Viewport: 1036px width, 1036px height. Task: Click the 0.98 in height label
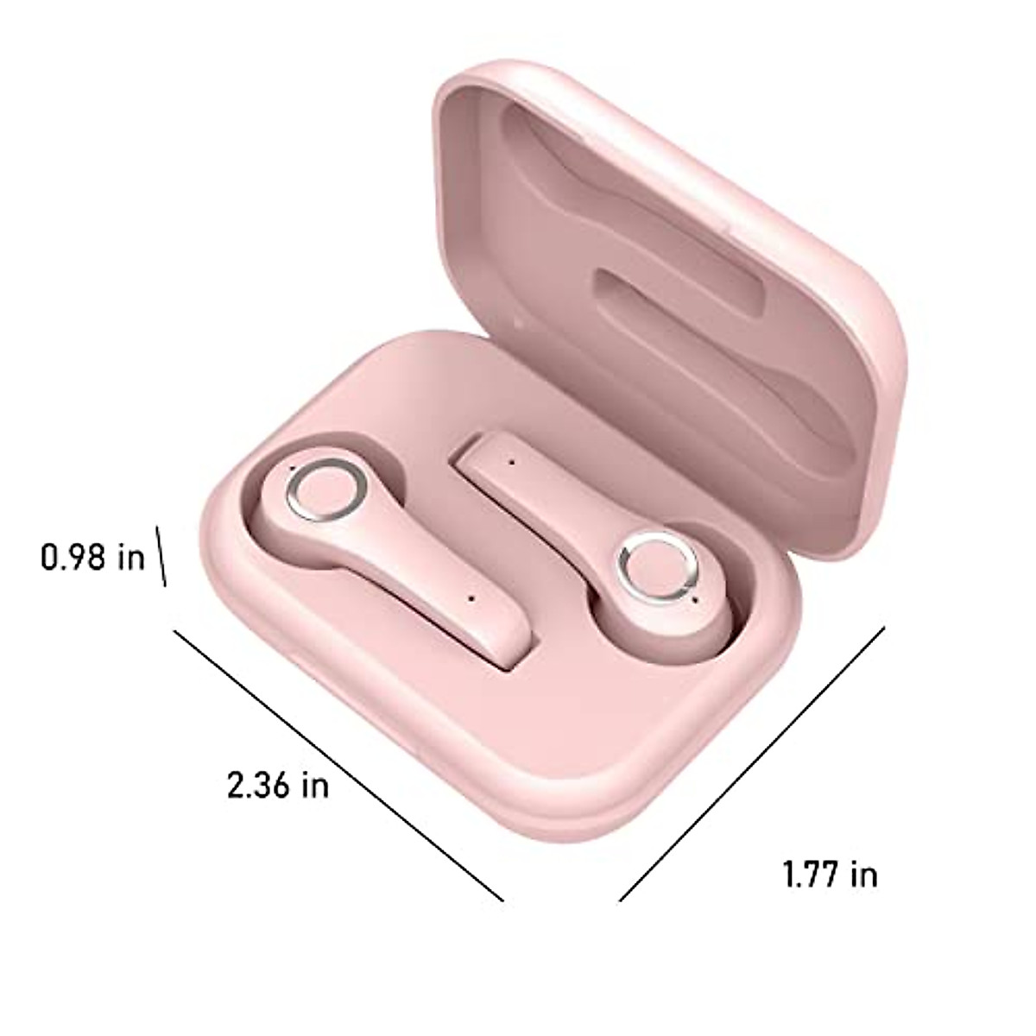pos(93,557)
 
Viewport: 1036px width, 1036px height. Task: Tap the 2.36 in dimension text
pos(277,785)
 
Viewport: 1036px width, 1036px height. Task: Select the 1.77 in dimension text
pos(830,875)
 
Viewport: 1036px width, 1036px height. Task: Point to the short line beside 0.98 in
pos(161,556)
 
